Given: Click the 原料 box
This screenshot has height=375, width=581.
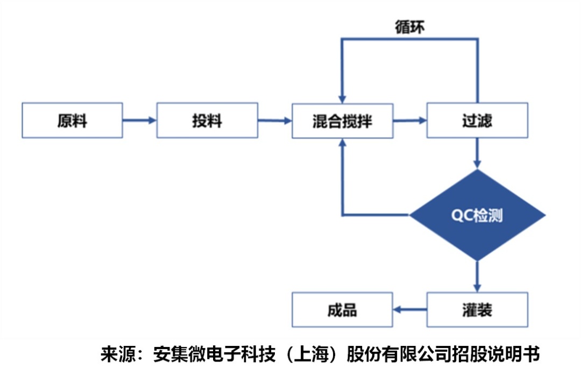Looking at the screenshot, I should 72,120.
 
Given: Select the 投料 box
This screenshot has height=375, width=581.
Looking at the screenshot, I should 207,120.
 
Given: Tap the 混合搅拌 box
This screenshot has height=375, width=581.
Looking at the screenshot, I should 342,120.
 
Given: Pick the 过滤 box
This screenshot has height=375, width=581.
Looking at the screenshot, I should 477,120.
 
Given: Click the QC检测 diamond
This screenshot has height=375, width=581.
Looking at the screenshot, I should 477,216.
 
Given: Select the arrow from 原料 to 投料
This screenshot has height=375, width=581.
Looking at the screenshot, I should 139,121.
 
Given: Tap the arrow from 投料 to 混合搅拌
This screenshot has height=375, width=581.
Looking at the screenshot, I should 274,121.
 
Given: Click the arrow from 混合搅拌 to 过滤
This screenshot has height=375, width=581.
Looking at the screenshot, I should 409,121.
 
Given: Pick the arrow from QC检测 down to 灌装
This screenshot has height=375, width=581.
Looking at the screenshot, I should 477,277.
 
